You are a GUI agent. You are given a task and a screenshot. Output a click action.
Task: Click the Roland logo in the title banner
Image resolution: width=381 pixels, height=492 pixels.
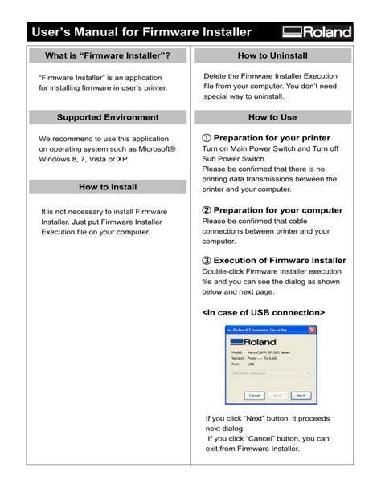[x=317, y=32]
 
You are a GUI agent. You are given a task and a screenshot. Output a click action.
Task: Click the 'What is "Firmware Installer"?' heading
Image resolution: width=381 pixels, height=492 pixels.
[x=109, y=56]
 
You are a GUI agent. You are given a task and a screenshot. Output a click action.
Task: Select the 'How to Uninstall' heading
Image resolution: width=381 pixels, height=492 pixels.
[x=272, y=56]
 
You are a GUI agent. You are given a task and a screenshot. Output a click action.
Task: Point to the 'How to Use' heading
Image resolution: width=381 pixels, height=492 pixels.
[x=272, y=118]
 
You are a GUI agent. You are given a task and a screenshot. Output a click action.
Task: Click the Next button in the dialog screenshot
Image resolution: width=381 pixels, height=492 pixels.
[x=300, y=396]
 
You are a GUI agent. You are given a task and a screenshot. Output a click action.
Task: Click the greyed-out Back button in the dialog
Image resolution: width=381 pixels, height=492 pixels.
[x=277, y=396]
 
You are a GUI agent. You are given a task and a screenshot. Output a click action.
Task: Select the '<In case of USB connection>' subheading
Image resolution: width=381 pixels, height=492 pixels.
[x=263, y=311]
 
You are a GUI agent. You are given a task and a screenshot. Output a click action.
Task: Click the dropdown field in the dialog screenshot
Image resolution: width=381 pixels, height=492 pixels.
[x=270, y=373]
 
